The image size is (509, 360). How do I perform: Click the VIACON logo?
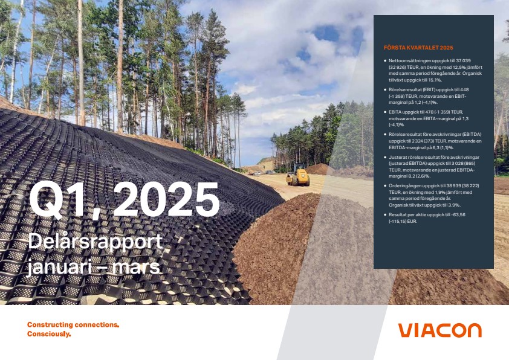pyautogui.click(x=440, y=330)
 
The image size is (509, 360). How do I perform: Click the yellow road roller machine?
pyautogui.click(x=297, y=175)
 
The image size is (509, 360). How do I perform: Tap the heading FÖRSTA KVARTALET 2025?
pyautogui.click(x=418, y=47)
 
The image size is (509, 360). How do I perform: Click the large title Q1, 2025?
pyautogui.click(x=125, y=199)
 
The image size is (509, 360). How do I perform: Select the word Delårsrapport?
pyautogui.click(x=95, y=242)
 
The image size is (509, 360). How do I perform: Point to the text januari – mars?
pyautogui.click(x=94, y=267)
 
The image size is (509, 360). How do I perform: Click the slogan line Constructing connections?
pyautogui.click(x=73, y=324)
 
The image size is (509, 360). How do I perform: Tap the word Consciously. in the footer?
pyautogui.click(x=49, y=334)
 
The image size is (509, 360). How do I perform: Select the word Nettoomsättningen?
pyautogui.click(x=407, y=60)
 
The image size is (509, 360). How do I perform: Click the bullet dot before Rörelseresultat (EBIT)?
pyautogui.click(x=385, y=89)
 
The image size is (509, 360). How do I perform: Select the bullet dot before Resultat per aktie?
pyautogui.click(x=385, y=214)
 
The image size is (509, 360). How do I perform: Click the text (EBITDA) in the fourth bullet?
pyautogui.click(x=472, y=134)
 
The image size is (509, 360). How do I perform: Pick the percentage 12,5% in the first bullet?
pyautogui.click(x=455, y=67)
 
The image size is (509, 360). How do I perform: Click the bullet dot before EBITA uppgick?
pyautogui.click(x=385, y=112)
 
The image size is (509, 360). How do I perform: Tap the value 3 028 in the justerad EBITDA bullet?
pyautogui.click(x=452, y=164)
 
